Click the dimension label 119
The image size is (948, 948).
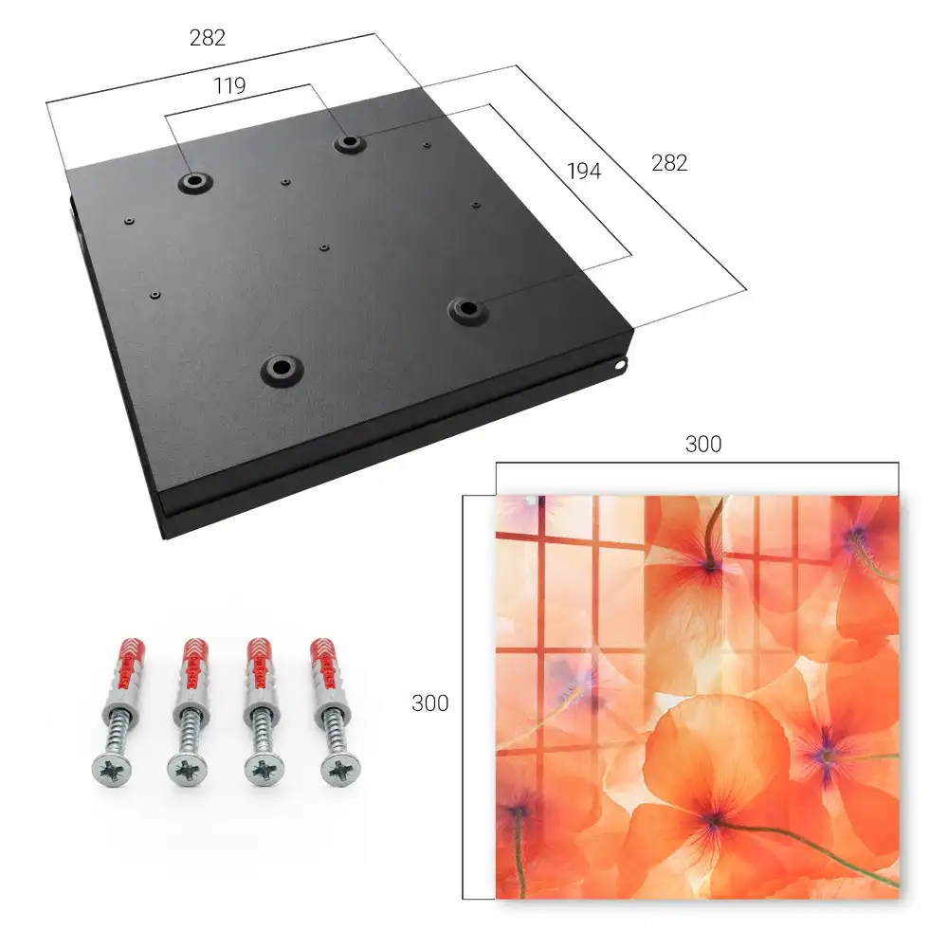tap(229, 86)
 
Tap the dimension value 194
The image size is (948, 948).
tap(584, 172)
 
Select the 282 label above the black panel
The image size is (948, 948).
tap(208, 38)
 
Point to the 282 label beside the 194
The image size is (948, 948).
tap(669, 163)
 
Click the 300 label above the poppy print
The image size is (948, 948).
tap(703, 445)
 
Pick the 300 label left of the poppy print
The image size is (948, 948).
tap(429, 703)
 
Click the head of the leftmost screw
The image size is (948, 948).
tap(112, 770)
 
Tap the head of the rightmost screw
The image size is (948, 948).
tap(340, 770)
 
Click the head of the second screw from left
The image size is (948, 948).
tap(188, 770)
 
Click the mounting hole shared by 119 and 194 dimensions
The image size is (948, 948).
tap(348, 143)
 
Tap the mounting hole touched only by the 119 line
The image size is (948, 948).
tap(194, 181)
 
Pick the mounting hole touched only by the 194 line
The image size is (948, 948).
tap(466, 309)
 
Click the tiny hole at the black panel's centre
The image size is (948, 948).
tap(324, 247)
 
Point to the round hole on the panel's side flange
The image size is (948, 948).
tap(619, 365)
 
